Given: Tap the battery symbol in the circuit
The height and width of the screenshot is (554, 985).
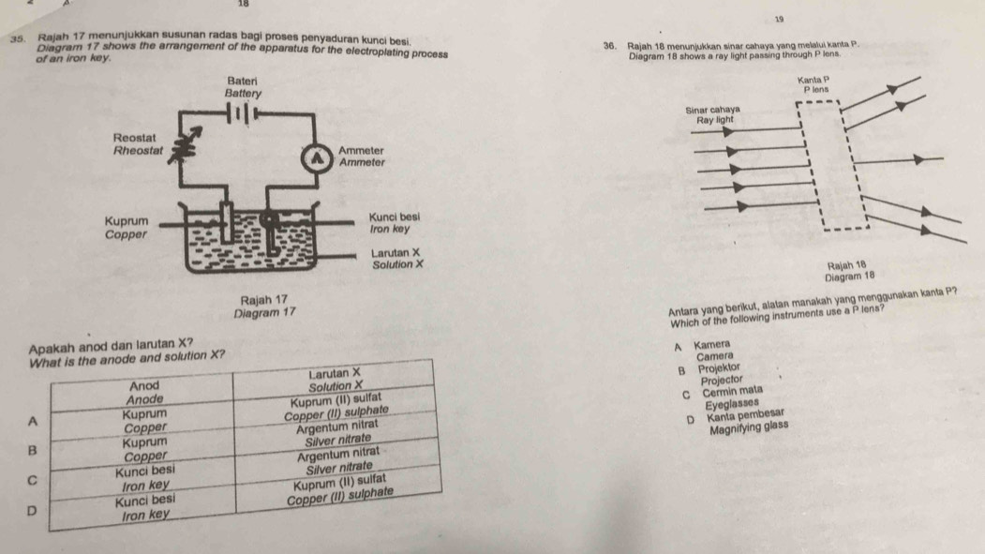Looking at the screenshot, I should pyautogui.click(x=243, y=112).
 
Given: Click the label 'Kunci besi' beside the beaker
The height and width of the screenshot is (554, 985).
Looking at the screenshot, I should pyautogui.click(x=395, y=216).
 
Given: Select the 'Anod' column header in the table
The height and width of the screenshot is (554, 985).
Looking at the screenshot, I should pyautogui.click(x=143, y=385).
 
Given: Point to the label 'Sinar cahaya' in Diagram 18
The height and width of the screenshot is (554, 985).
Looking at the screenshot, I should pyautogui.click(x=714, y=109).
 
